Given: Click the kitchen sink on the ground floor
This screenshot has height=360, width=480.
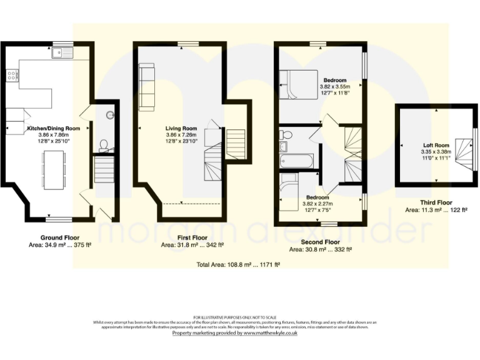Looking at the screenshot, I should (x=62, y=55).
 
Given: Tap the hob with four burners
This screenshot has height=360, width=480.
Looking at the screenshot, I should (x=11, y=76).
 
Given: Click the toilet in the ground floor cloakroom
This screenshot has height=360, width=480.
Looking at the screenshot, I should (x=104, y=147).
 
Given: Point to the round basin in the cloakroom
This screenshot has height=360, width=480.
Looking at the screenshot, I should (x=110, y=114).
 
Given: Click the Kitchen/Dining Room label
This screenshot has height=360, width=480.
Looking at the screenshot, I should (x=53, y=128).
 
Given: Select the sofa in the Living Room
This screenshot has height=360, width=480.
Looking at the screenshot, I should (x=147, y=86).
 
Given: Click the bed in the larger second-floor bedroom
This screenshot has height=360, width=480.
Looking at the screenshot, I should (x=298, y=84).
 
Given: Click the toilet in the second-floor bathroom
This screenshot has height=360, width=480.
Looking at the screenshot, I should (x=286, y=134).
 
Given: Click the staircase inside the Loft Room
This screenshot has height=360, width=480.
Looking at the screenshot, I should (x=464, y=150).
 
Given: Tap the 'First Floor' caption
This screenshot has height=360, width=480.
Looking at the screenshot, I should (x=192, y=238).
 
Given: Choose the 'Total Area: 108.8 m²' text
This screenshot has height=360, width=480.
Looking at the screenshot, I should (x=237, y=265).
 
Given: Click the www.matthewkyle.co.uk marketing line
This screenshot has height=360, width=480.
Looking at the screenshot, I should (x=235, y=333).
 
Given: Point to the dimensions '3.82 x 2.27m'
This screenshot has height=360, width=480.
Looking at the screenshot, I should (x=318, y=204).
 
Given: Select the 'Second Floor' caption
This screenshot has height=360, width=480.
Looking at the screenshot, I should (x=321, y=241).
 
